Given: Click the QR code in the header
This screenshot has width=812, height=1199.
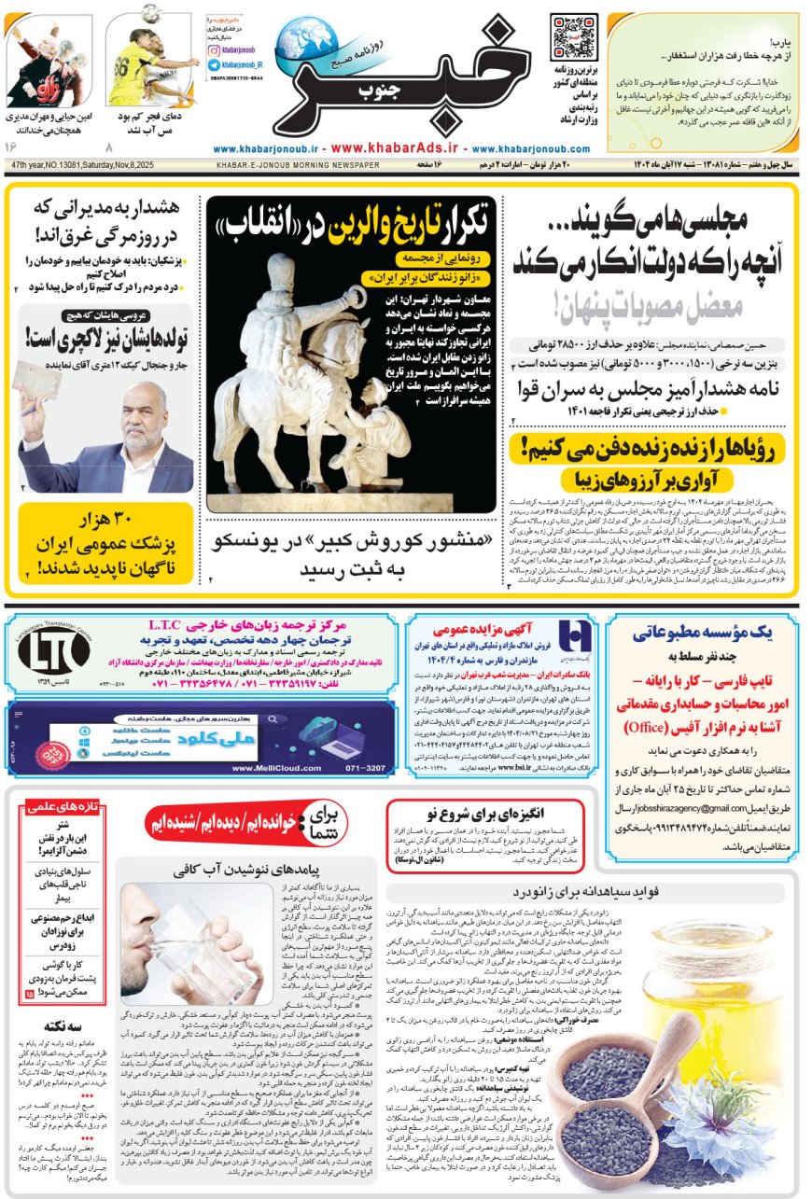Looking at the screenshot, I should pos(573,37).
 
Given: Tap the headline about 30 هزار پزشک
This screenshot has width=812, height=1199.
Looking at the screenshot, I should pos(105,546).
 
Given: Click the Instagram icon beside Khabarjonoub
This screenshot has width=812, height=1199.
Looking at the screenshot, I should pos(215,47).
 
